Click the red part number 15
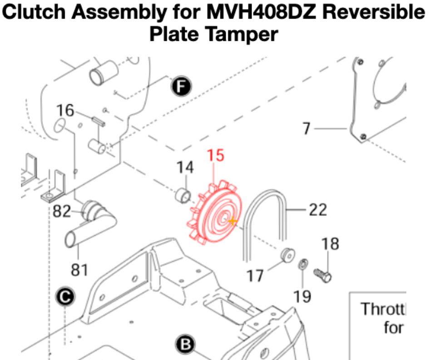click(x=216, y=156)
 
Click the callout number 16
click(x=65, y=110)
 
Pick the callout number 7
click(x=306, y=129)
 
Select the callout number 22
click(x=318, y=209)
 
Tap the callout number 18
click(x=330, y=244)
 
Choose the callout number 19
click(x=302, y=296)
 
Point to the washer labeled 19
click(x=302, y=264)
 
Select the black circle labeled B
click(x=185, y=344)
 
